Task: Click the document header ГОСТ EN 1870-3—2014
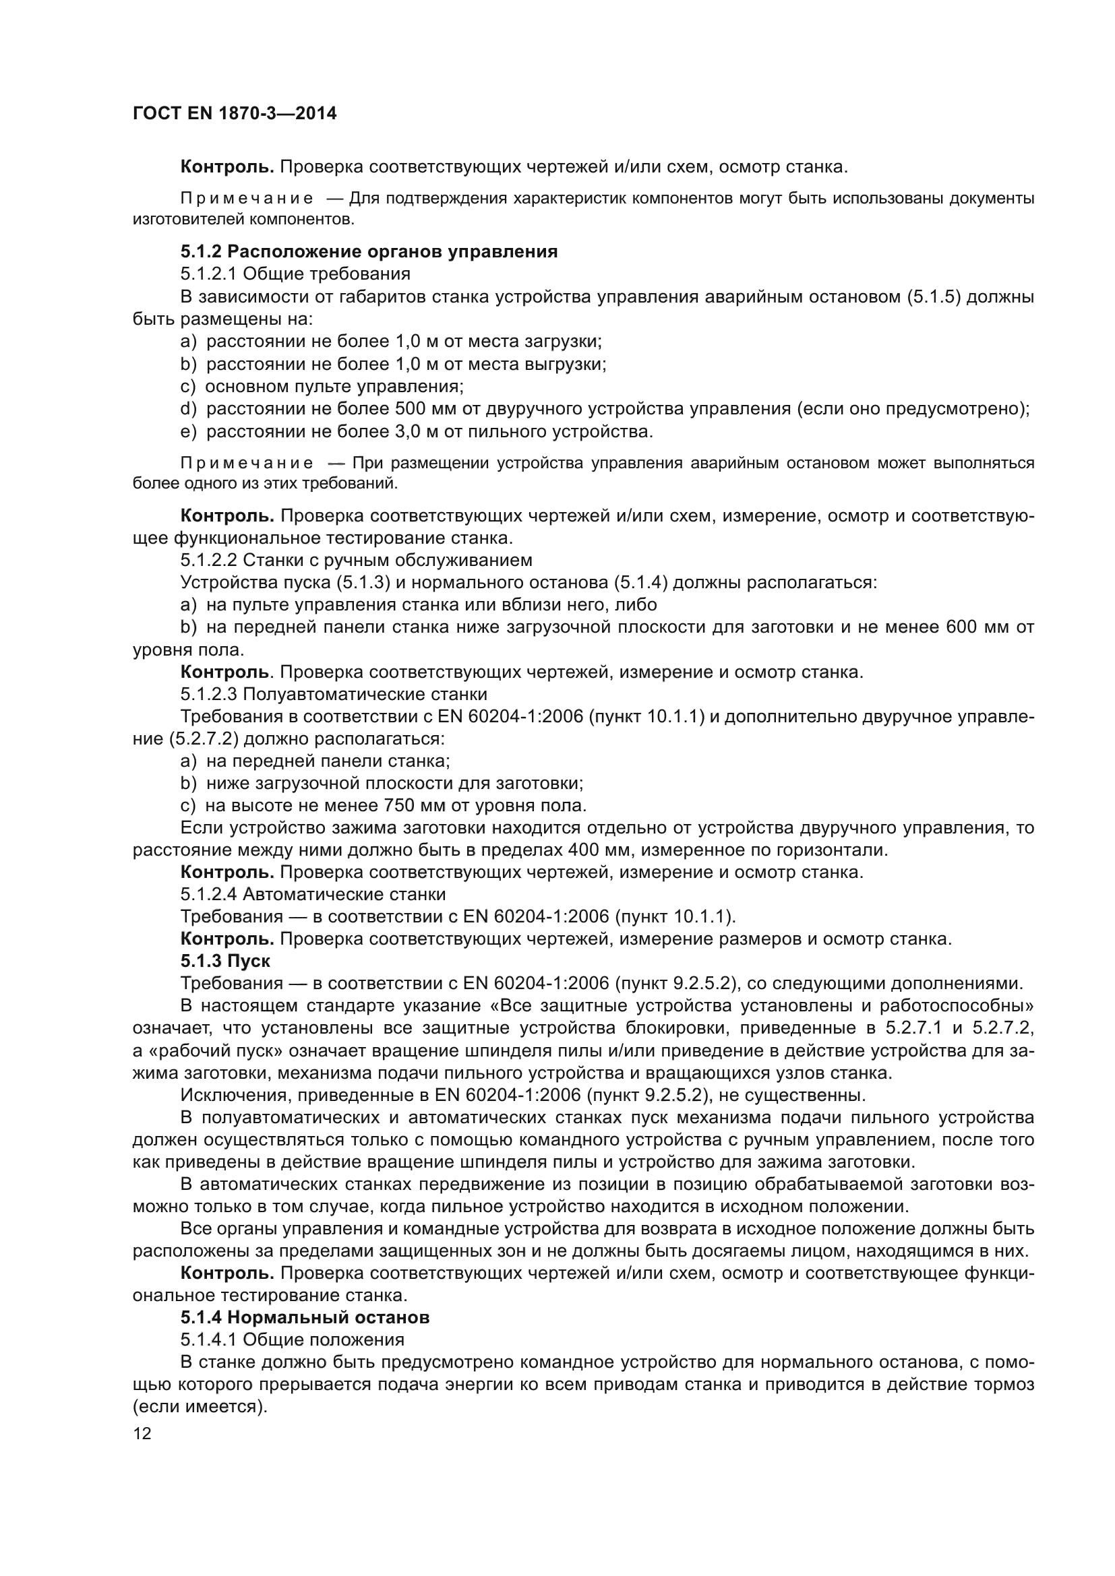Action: [235, 114]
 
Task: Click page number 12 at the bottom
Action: [142, 1433]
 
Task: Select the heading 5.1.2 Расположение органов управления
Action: [369, 251]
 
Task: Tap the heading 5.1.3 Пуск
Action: [225, 960]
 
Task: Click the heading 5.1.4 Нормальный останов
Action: [305, 1317]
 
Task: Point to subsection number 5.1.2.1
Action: [208, 274]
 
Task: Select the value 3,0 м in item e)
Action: [418, 432]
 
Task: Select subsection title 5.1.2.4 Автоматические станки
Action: [313, 894]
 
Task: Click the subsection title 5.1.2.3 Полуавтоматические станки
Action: [334, 694]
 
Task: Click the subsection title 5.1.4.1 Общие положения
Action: [293, 1339]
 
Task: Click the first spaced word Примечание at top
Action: [247, 199]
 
